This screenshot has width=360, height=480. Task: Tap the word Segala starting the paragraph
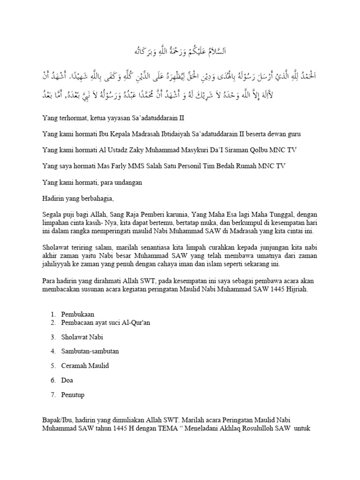52,215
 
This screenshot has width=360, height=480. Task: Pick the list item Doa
67,380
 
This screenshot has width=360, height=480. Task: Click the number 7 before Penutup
53,395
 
